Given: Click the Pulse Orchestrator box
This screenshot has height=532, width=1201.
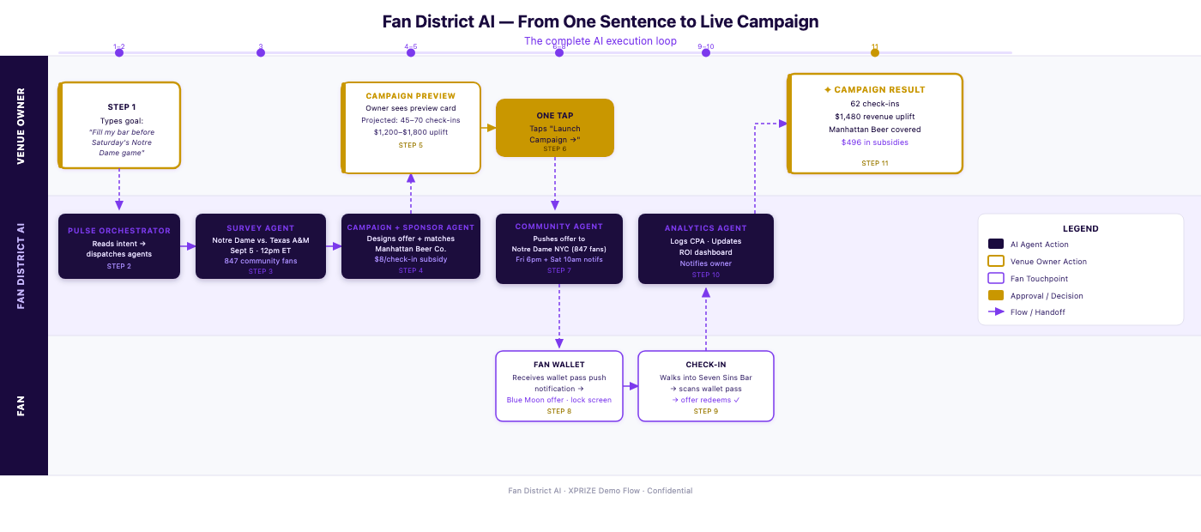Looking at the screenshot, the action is tap(119, 246).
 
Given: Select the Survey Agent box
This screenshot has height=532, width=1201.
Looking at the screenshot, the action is tap(261, 246).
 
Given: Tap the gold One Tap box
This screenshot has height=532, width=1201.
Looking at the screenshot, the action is tap(555, 128).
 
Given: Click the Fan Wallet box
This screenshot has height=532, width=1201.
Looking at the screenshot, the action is tap(559, 386).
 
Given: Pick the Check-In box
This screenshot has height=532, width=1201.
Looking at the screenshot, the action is tap(705, 386).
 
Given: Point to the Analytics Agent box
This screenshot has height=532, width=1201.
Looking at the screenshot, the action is tap(705, 249).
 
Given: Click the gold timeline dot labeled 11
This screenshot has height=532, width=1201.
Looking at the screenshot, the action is tap(875, 52).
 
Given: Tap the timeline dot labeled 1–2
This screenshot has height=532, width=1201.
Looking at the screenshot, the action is tap(119, 52).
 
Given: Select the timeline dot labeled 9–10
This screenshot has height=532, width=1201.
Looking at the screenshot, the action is tap(705, 52).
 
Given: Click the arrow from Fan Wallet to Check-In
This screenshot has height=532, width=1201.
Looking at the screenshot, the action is tap(631, 386).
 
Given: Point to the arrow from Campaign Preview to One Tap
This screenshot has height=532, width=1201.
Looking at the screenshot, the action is tap(488, 128).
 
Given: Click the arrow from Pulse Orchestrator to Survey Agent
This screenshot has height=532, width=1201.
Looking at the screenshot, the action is tap(188, 246).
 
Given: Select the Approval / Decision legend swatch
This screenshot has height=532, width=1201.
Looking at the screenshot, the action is tap(996, 295).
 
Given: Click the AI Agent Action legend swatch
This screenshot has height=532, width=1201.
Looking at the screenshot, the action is tap(996, 244).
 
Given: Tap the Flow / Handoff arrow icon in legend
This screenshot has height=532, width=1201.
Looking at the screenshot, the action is tap(996, 311).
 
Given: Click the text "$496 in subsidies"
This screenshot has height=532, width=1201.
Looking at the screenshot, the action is tap(874, 142).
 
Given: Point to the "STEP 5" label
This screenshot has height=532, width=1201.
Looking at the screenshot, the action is tap(411, 145).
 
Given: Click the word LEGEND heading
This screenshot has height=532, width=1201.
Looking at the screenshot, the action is tap(1080, 228).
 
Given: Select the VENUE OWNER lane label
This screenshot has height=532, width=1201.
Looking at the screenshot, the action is tap(21, 126).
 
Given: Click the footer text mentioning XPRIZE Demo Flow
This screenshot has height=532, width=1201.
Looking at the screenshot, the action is tap(600, 491).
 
